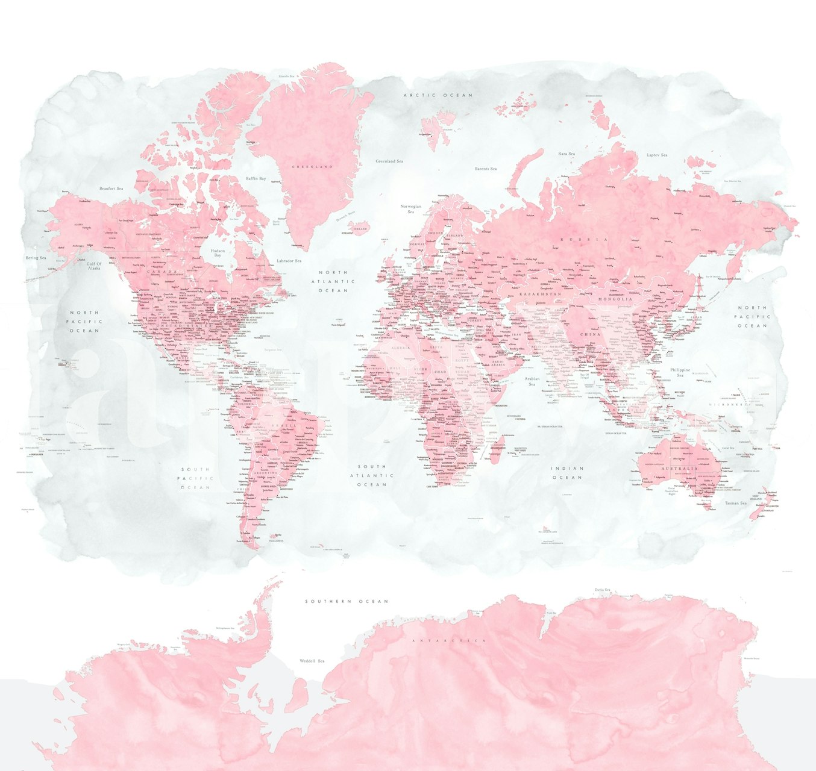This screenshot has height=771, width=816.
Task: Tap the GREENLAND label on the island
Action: point(312,166)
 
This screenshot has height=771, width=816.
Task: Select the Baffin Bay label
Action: point(256,179)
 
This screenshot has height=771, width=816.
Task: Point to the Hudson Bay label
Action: point(218,252)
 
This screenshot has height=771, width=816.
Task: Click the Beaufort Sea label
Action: point(111,189)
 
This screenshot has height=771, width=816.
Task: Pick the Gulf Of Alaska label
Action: point(94,266)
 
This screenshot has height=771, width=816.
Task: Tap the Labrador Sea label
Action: point(289,261)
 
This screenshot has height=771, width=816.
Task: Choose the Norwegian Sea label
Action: point(411,209)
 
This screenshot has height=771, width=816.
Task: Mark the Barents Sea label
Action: point(486,169)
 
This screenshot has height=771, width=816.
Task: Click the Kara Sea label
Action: point(566,154)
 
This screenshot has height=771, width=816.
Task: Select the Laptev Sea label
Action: point(657,155)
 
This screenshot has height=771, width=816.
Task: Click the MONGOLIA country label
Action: point(615,299)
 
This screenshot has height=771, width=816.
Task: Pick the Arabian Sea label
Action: point(532,382)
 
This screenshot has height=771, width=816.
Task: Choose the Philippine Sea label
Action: point(680,372)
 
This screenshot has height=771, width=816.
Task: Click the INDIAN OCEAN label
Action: point(568,472)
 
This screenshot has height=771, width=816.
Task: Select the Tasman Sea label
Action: point(736,503)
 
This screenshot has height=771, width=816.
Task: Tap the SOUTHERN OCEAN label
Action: point(347,601)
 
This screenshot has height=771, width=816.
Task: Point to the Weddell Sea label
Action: point(312,661)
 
